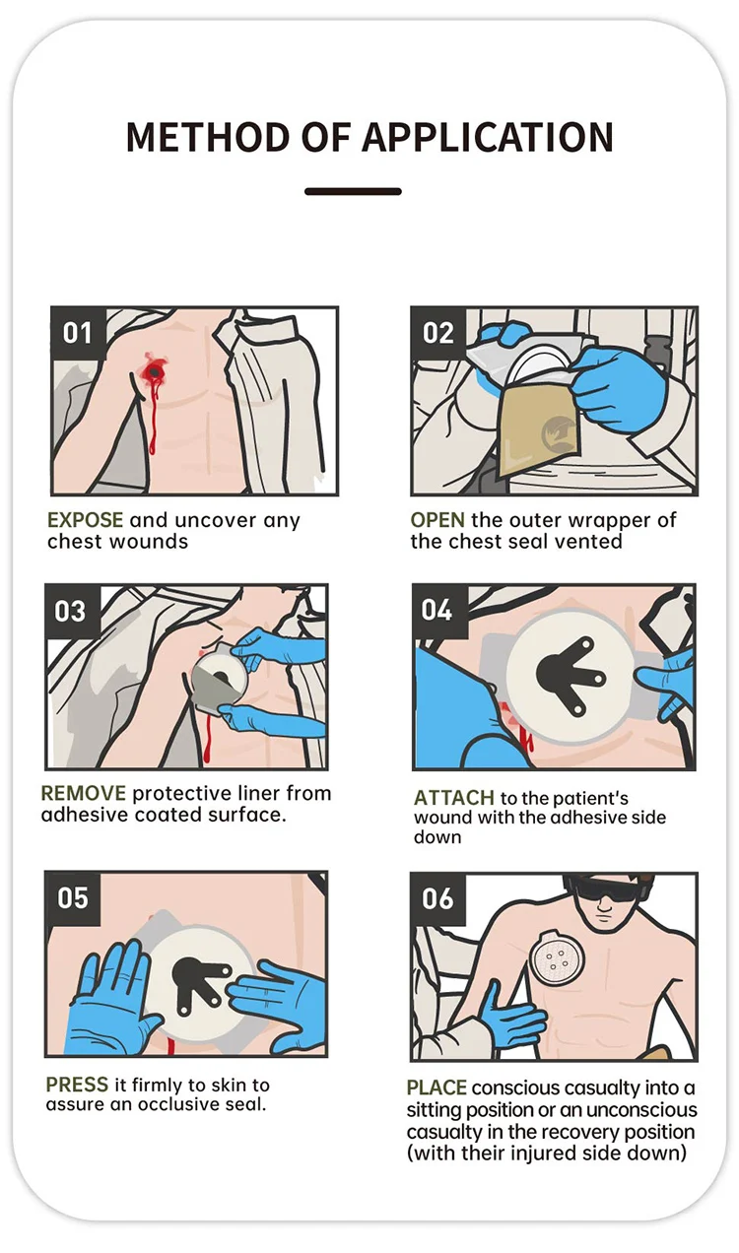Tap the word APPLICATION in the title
[x=488, y=137]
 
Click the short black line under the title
[x=353, y=191]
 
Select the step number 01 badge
[x=78, y=333]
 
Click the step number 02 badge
[x=438, y=333]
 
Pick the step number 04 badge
[x=439, y=611]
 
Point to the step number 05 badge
[x=73, y=897]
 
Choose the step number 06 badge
[x=438, y=899]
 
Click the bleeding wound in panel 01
[x=154, y=371]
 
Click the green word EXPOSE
[x=85, y=520]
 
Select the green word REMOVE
[x=84, y=793]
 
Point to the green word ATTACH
[x=453, y=798]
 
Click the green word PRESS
[x=77, y=1085]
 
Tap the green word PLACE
[x=437, y=1088]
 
